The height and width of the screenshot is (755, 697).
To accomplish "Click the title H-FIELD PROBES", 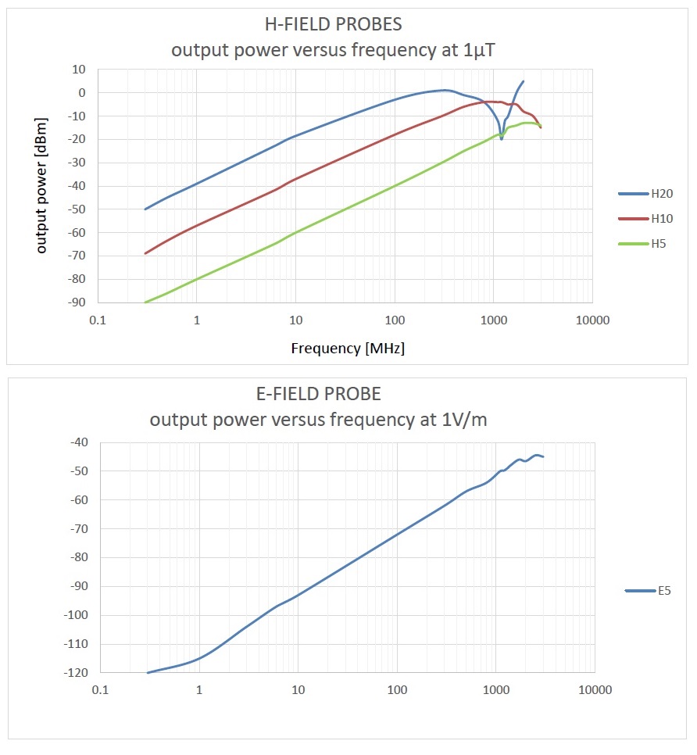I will [334, 24].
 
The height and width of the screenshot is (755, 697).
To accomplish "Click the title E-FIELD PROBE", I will [318, 393].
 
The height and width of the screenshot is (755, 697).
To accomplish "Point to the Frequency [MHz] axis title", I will [348, 349].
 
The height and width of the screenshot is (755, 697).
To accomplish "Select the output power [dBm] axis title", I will [42, 186].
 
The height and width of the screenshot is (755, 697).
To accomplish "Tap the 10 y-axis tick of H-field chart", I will [78, 70].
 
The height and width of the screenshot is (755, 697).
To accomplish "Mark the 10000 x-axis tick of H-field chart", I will [592, 320].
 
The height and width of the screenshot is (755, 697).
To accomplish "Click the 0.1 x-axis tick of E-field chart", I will [100, 691].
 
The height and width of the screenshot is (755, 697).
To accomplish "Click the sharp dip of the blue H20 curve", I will [502, 138].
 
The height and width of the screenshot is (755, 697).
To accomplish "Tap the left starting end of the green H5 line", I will [145, 302].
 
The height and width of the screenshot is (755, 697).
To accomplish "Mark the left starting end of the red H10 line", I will [145, 253].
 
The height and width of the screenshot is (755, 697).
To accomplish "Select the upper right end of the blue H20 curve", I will [523, 81].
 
